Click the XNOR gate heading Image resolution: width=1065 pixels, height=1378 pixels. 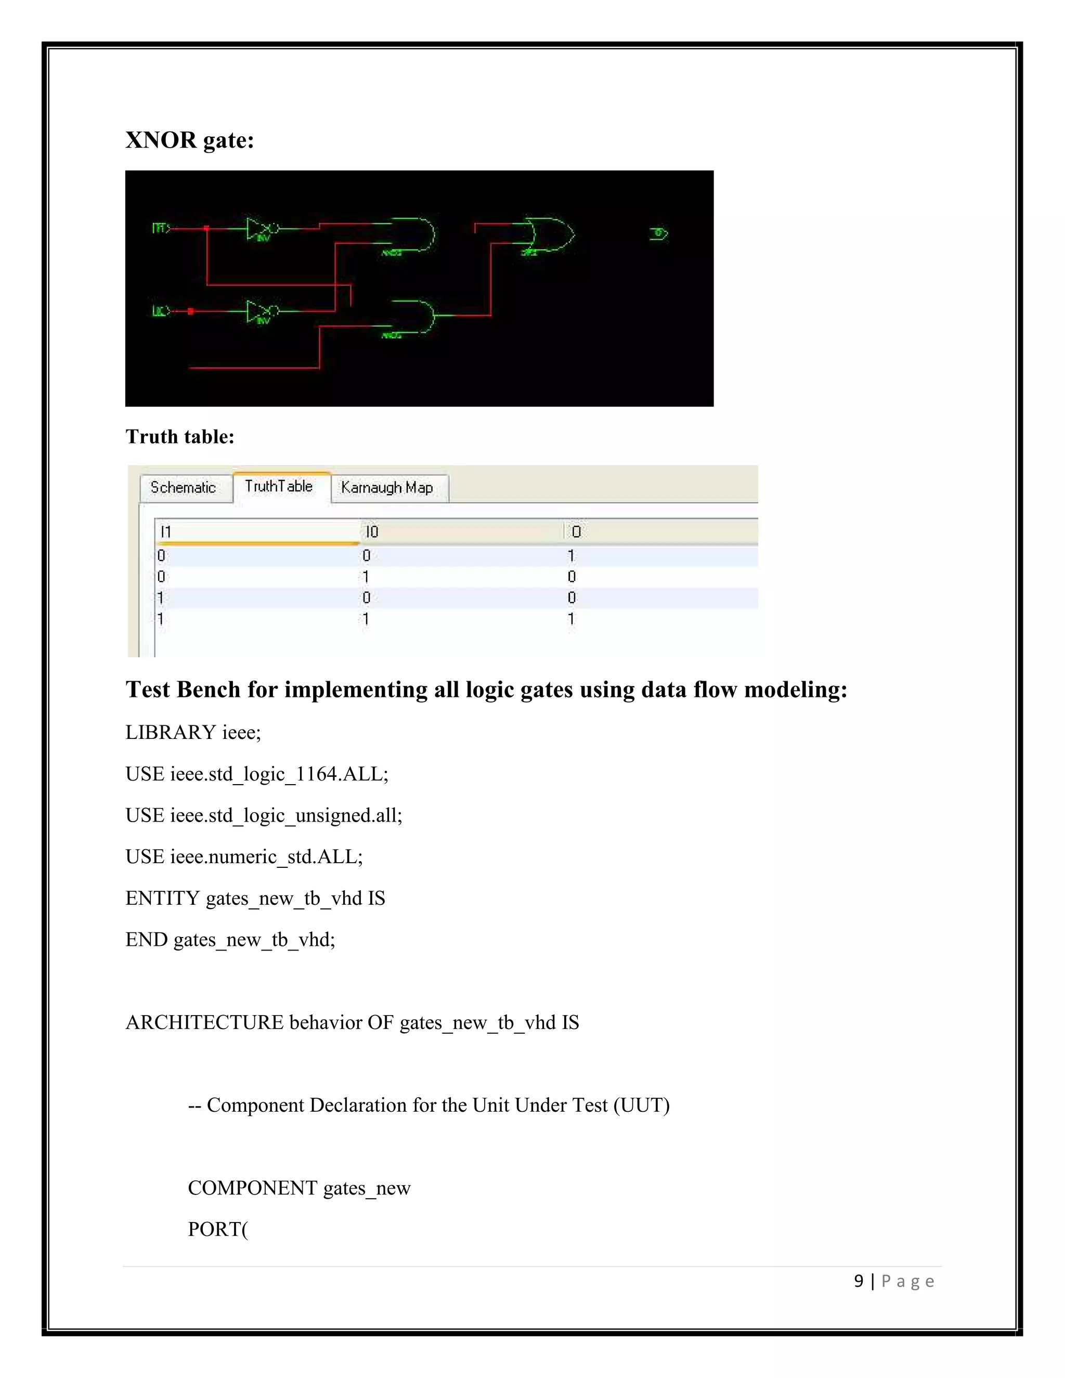pos(189,140)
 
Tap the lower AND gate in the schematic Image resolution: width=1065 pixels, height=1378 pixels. pos(414,316)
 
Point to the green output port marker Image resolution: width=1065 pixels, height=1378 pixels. pos(658,233)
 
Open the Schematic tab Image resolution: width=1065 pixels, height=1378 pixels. pos(183,488)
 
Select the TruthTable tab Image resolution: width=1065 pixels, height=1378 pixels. pos(279,487)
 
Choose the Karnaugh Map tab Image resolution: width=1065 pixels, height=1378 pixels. pos(387,488)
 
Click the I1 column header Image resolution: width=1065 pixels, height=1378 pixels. pos(166,532)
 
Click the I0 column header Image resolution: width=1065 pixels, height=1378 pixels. pos(372,532)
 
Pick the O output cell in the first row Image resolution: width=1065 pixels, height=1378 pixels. pos(571,556)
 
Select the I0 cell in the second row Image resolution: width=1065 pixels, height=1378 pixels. pos(366,577)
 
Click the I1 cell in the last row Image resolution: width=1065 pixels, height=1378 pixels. pos(160,619)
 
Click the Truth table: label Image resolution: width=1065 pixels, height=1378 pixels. pos(180,437)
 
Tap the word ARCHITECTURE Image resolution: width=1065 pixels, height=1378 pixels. pos(204,1022)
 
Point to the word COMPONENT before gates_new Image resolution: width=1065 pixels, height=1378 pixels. pos(252,1188)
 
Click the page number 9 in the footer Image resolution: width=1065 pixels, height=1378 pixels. pos(858,1281)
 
